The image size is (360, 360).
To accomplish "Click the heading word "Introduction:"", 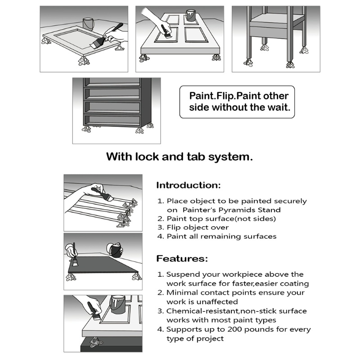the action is (x=188, y=185).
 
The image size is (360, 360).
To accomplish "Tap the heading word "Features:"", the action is (x=182, y=259).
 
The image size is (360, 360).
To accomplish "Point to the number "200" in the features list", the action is (x=235, y=329).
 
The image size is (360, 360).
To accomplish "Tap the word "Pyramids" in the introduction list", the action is (x=237, y=210).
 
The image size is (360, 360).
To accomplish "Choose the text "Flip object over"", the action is (x=198, y=228).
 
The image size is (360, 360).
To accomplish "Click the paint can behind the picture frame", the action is (x=88, y=24).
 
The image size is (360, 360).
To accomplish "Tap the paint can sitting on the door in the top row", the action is (x=190, y=16).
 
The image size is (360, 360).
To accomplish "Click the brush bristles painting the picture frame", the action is (x=94, y=45).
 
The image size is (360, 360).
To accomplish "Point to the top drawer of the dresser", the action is (x=112, y=82).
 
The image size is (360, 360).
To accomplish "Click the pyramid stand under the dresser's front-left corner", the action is (x=86, y=129).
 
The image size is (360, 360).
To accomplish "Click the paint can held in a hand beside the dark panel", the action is (x=116, y=250).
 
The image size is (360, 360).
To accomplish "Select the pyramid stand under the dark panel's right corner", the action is (x=137, y=277).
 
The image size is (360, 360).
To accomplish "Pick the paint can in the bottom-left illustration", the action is (x=118, y=305).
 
